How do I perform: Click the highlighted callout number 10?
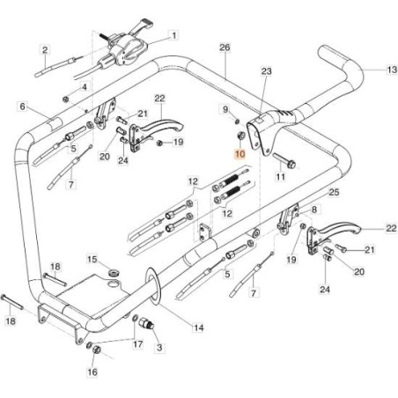point(240,154)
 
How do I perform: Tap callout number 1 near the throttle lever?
point(174,36)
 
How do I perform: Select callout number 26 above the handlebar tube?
point(225,48)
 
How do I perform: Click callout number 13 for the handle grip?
point(392,70)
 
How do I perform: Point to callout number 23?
point(267,71)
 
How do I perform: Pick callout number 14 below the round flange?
point(198,328)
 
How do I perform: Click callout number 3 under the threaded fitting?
point(159,348)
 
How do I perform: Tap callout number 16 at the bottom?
point(92,372)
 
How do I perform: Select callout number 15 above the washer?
point(92,260)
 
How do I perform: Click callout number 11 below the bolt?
point(280,177)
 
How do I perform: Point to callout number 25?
point(334,193)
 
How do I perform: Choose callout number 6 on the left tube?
point(23,107)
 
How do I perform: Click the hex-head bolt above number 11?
point(284,160)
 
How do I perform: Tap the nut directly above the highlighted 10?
point(240,136)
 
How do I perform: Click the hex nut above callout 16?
point(96,350)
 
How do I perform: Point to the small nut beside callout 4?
point(66,99)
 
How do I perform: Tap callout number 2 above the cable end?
point(45,50)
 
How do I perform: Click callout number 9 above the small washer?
point(225,110)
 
